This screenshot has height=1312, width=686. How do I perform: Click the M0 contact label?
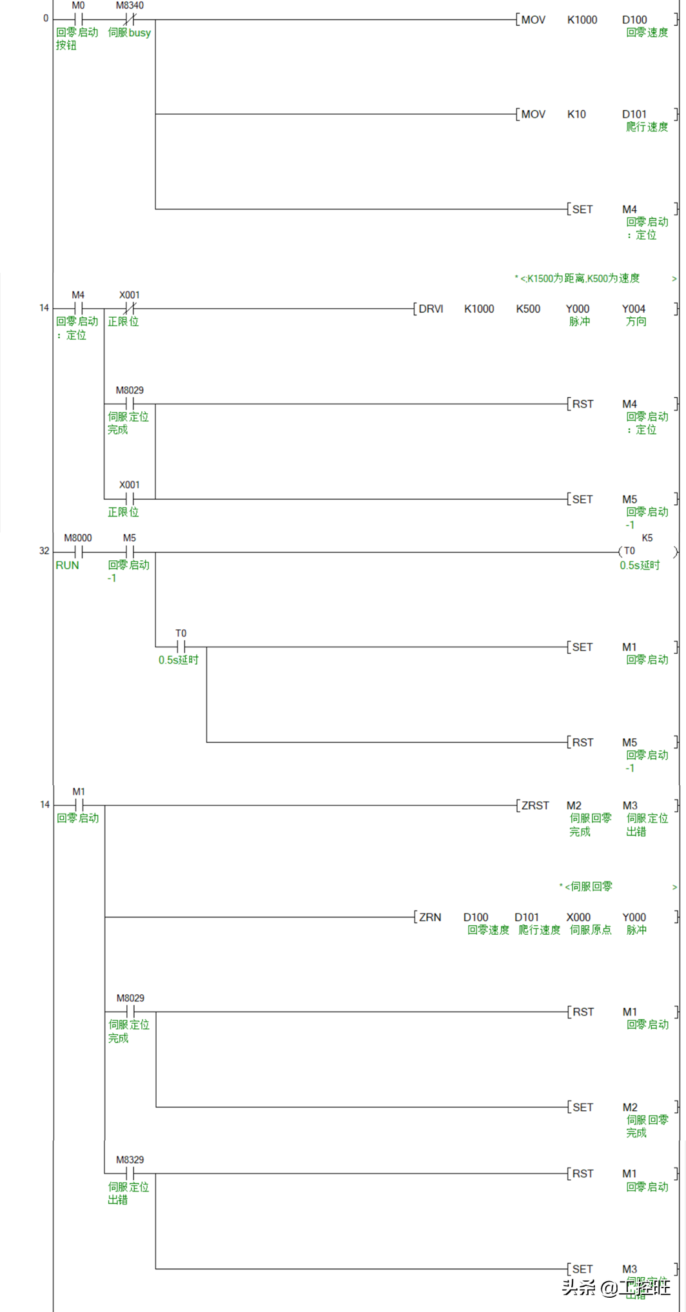click(x=78, y=6)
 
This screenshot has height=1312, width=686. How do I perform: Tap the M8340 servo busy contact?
click(x=130, y=19)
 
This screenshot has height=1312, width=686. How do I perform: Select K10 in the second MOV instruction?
click(x=576, y=114)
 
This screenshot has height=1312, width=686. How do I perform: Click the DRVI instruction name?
click(x=431, y=309)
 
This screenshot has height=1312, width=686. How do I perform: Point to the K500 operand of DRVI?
click(x=528, y=309)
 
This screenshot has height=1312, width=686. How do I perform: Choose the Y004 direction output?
click(x=633, y=309)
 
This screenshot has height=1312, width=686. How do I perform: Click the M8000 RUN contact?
click(x=78, y=552)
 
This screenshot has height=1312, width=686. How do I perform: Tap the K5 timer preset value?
click(x=647, y=538)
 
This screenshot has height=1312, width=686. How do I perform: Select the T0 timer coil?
click(x=629, y=551)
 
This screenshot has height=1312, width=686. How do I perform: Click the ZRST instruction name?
click(x=535, y=805)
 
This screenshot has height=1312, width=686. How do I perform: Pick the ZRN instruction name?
click(x=430, y=917)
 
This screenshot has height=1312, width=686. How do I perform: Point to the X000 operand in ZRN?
click(x=578, y=917)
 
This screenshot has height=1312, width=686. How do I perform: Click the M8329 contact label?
click(x=130, y=1159)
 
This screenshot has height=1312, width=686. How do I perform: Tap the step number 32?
click(x=44, y=551)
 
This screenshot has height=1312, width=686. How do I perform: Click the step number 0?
click(x=46, y=18)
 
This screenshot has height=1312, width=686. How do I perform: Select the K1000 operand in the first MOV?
click(x=582, y=20)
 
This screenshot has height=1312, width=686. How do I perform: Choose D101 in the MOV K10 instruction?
click(x=634, y=114)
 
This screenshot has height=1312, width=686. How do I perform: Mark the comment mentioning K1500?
click(x=580, y=279)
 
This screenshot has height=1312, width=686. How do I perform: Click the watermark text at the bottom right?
click(x=615, y=1288)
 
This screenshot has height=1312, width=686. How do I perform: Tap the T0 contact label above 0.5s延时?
click(x=181, y=633)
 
